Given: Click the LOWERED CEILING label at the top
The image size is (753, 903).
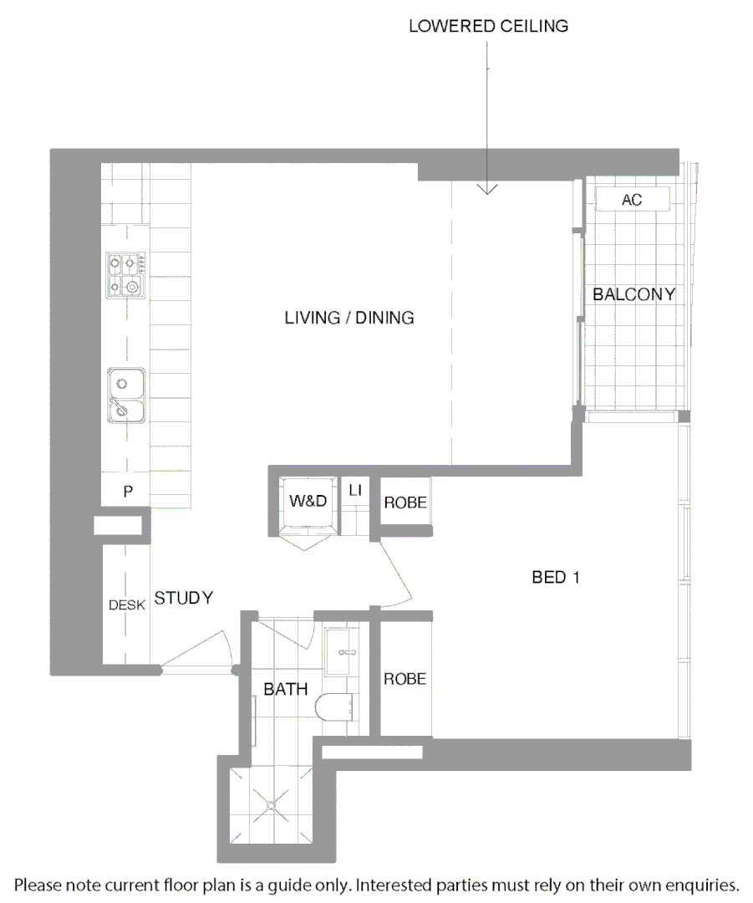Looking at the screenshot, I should pos(488,26).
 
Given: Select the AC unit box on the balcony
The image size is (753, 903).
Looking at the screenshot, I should pos(632,200).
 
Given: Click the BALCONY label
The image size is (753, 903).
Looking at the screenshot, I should pos(633,294).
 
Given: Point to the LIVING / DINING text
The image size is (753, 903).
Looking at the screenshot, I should pos(349,318).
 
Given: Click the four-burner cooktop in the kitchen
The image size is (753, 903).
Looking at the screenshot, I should pos(125,276).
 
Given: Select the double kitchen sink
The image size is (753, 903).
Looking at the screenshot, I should pos(125,395).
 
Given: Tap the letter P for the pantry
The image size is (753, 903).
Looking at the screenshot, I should pos(128,492).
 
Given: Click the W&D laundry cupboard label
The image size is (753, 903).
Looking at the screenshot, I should pos(307,501).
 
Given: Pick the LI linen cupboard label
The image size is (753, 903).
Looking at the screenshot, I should pos(355,491).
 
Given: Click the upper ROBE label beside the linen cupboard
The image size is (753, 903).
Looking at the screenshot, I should pos(405,503).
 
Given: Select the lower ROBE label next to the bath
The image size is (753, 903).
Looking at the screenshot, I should pos(405,679).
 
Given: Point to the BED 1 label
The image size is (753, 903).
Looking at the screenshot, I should pos(556,577).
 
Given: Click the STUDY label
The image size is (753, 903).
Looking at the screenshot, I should pos(184,598).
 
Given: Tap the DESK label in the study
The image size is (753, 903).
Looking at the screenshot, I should pos(127,605).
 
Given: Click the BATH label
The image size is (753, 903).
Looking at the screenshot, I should pos(286,690).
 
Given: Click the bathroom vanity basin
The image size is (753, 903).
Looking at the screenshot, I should pos(342,650).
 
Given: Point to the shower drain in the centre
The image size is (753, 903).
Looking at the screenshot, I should pos(272,804).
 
